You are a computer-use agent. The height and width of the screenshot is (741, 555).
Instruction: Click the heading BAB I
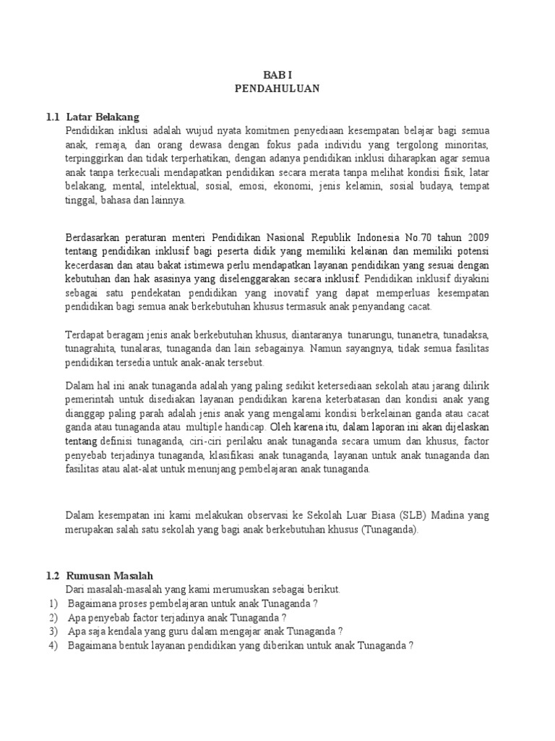click(277, 75)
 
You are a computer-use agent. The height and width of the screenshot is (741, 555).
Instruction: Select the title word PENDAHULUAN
click(277, 88)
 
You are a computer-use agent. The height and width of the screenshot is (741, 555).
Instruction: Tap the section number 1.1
click(52, 117)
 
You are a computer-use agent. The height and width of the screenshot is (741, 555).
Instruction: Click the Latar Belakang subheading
click(102, 117)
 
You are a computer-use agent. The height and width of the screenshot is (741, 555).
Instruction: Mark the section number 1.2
click(52, 575)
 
